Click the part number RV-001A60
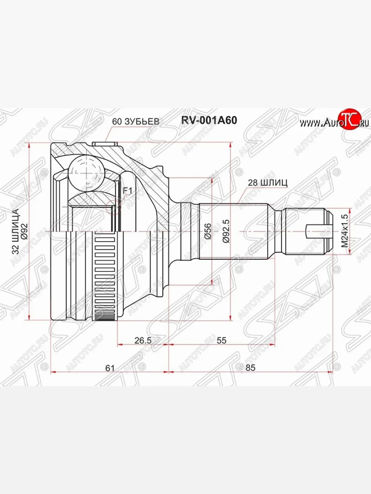pyautogui.click(x=209, y=121)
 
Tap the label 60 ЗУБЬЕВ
pyautogui.click(x=136, y=121)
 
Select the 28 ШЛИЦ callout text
pyautogui.click(x=268, y=183)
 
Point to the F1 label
pyautogui.click(x=127, y=191)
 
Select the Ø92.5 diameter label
pyautogui.click(x=225, y=231)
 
